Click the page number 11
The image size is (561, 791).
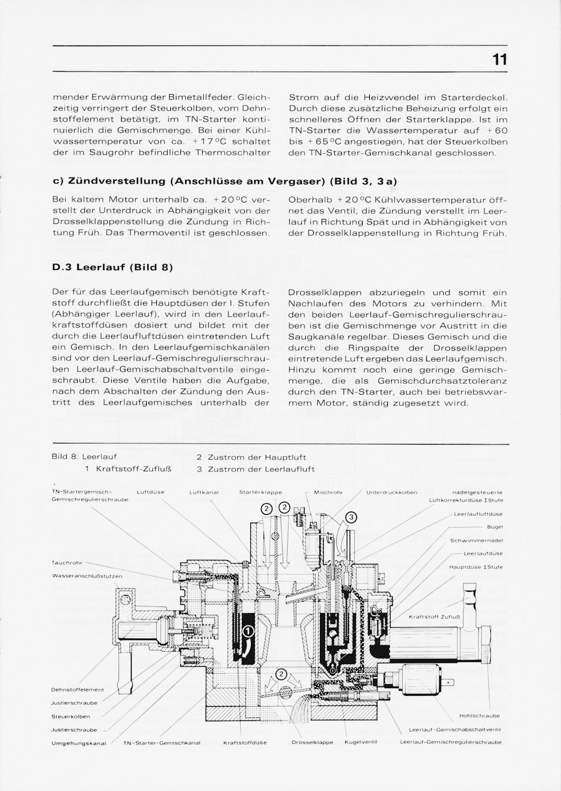[499, 59]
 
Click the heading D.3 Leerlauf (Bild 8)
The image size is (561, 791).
[112, 267]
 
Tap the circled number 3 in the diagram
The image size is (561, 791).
[351, 517]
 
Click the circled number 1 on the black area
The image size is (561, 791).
[248, 631]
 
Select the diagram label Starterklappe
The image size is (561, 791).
[261, 493]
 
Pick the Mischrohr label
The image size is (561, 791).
[328, 493]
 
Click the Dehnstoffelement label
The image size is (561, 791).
[77, 690]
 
